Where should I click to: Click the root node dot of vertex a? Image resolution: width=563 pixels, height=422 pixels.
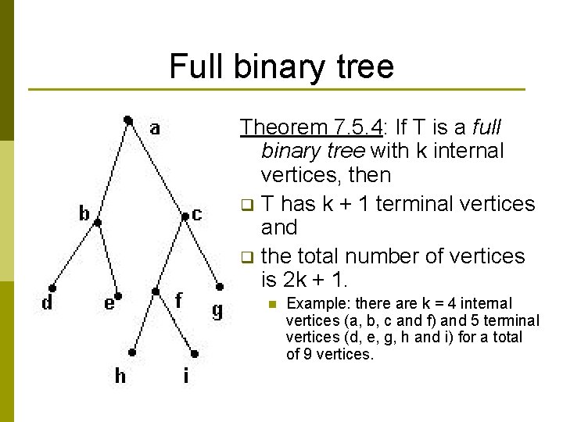[127, 120]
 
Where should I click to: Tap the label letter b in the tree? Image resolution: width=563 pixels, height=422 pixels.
[84, 213]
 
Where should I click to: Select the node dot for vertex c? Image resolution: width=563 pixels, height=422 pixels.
[185, 216]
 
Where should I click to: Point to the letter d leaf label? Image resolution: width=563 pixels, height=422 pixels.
[47, 302]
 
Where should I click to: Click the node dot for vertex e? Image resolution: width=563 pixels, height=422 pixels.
[119, 295]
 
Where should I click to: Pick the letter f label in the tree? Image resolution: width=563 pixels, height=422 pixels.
[179, 299]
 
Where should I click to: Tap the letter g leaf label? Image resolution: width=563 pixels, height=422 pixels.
[217, 310]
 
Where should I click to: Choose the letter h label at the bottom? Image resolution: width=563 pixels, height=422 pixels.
[120, 376]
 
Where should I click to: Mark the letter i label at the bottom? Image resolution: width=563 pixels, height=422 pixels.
[185, 376]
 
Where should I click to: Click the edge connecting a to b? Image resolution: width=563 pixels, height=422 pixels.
[113, 170]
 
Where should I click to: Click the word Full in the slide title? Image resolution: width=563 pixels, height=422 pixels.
[195, 66]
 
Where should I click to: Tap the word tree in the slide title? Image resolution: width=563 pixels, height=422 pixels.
[363, 66]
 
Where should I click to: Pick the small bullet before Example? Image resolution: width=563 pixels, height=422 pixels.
[272, 304]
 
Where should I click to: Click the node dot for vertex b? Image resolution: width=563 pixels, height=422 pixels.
[97, 222]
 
